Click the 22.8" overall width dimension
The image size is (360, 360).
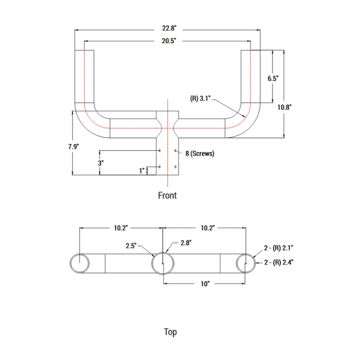pyautogui.click(x=169, y=28)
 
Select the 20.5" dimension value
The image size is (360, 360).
pyautogui.click(x=169, y=41)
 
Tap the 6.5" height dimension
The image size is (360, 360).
pyautogui.click(x=273, y=79)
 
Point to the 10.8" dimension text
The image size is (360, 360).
pyautogui.click(x=284, y=107)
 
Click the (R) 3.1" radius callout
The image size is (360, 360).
pyautogui.click(x=200, y=99)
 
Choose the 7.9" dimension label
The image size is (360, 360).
pyautogui.click(x=74, y=147)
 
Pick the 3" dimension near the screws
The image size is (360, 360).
pyautogui.click(x=101, y=163)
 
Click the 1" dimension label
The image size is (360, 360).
pyautogui.click(x=141, y=171)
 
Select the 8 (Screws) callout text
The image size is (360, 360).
pyautogui.click(x=200, y=153)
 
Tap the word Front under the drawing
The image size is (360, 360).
pyautogui.click(x=167, y=195)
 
